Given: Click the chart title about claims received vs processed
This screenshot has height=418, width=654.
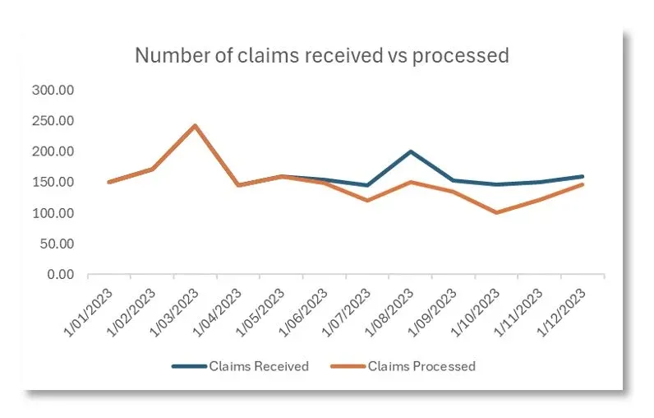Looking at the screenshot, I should coord(321,55).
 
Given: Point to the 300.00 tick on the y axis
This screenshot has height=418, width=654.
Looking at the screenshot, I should coord(53,90).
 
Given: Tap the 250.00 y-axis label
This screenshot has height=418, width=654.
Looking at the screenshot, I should coord(53,121).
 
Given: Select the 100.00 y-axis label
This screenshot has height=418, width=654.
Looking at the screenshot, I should coord(53,213).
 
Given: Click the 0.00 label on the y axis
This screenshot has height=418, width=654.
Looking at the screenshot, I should coord(59,275).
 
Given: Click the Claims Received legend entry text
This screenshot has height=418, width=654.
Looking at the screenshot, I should coord(259,366).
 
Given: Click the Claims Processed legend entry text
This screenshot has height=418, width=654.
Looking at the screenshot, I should coord(421,366).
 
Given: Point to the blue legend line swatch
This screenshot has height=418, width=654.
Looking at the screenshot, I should coord(188,366).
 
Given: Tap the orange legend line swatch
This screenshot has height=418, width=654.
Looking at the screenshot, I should coord(346,366).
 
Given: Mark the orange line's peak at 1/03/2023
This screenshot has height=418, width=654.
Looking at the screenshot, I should coord(195,126).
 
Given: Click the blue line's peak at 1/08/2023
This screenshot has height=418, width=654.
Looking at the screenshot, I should coord(410,151).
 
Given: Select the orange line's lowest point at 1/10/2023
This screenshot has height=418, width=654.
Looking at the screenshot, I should coord(496,212).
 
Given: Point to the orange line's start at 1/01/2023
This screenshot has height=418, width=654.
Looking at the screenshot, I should coord(109,182).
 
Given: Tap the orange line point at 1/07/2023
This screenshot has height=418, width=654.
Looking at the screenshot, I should coord(367,201).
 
